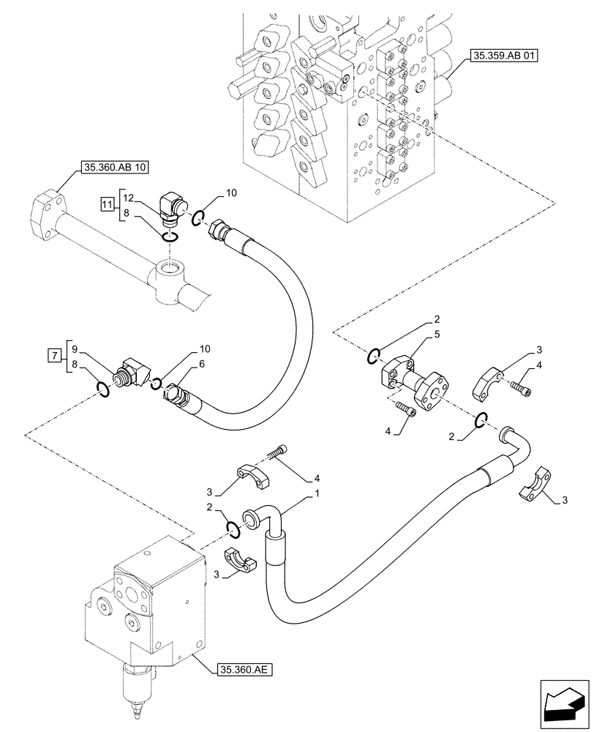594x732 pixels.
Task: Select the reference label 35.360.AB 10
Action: coord(116,168)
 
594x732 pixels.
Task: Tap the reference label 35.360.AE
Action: coord(244,669)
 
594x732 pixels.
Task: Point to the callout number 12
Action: coord(128,198)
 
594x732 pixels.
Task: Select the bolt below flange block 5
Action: coord(405,409)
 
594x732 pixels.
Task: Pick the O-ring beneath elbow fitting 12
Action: coord(170,236)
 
